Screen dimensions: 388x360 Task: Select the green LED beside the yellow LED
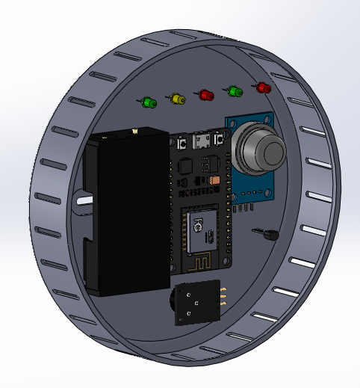coord(148,101)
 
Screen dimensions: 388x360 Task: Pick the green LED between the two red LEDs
coord(235,92)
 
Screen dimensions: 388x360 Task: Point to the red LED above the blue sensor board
coord(262,87)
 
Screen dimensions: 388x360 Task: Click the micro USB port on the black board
coord(200,141)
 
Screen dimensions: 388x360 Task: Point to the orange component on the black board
coord(215,181)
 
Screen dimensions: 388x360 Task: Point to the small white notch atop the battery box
coord(135,132)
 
